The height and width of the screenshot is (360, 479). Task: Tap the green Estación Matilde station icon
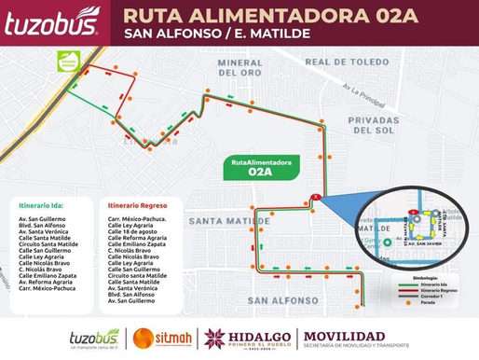(67, 61)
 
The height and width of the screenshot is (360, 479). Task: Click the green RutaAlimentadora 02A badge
(260, 167)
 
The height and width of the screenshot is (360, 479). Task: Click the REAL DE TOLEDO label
(345, 62)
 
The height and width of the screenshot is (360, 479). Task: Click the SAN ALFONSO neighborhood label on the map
(286, 300)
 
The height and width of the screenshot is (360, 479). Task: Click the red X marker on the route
(317, 197)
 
